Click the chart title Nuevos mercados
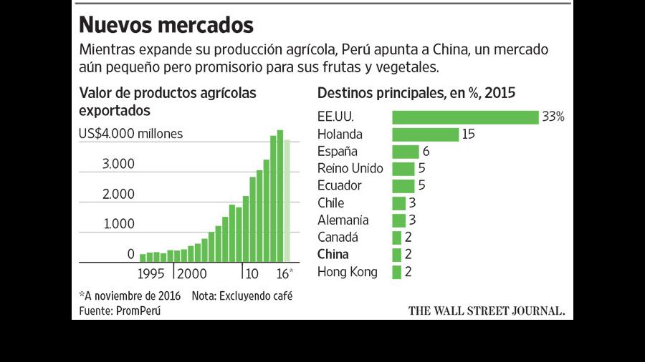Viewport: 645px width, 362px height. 166,24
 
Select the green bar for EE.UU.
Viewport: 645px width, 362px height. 465,117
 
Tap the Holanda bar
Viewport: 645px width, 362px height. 425,134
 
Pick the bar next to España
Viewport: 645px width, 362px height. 406,152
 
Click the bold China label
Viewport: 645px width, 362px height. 333,255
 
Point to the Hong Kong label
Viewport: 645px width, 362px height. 347,272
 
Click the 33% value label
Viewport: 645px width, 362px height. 553,117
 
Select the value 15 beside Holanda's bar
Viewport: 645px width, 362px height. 468,134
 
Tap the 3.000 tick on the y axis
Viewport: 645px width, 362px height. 118,164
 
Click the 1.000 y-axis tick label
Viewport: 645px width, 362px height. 119,224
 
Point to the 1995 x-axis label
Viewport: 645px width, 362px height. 150,274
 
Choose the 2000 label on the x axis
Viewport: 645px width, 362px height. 191,274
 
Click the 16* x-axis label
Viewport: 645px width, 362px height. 285,273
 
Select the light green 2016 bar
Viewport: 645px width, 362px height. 287,201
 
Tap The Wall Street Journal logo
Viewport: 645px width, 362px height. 486,310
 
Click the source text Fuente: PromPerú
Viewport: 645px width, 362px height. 120,310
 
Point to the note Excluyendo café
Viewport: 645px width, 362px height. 242,296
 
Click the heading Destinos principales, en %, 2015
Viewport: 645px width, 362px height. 416,93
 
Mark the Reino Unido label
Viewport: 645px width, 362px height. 350,168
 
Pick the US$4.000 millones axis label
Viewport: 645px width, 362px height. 131,134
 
